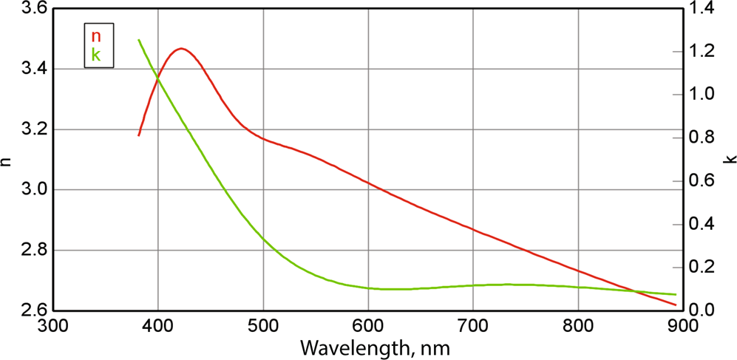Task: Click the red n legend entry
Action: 96,36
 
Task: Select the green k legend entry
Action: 96,55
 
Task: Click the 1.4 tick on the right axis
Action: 700,9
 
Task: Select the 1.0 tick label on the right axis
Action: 700,95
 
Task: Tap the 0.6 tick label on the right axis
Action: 700,181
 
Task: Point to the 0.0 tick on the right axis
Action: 700,310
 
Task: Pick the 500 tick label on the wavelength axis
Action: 263,325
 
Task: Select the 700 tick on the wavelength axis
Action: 473,325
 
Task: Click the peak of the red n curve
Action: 180,49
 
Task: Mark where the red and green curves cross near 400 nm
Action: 157,79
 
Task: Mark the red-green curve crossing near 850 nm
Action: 634,291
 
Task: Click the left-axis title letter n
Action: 7,160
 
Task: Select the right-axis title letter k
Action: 730,160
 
